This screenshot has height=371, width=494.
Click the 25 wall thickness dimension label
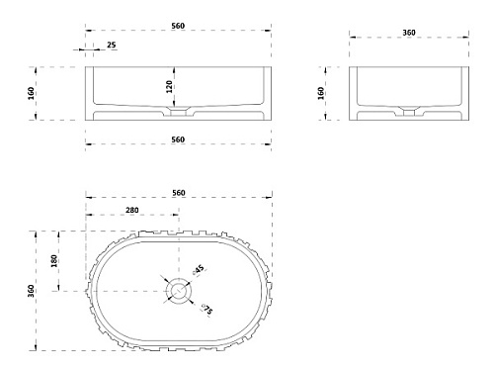tap(112, 45)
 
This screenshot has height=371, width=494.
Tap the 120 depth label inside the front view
tap(169, 86)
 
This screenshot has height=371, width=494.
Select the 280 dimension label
tap(132, 210)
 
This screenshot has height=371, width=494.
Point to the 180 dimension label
tap(54, 261)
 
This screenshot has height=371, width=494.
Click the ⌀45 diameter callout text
tap(199, 269)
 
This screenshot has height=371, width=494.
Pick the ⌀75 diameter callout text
tap(207, 310)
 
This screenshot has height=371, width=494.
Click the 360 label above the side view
tap(409, 33)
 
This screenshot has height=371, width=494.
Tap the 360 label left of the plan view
tap(31, 291)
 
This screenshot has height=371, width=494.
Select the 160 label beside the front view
tap(31, 93)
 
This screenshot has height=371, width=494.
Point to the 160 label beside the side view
tap(320, 93)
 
